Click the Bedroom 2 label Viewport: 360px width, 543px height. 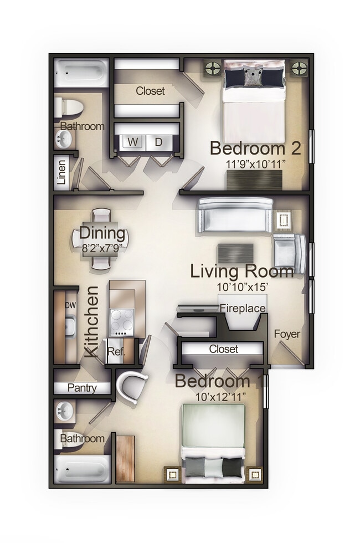coord(255,148)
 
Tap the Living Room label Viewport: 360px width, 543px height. coord(242,271)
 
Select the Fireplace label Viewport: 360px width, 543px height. coord(243,308)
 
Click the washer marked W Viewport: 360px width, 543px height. coord(133,142)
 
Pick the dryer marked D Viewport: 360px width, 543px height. coord(158,142)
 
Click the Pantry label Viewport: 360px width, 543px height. coord(82,388)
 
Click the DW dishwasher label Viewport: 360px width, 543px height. coord(70,305)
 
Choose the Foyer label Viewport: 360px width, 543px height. coord(287,334)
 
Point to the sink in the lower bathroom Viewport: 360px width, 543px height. coord(66,412)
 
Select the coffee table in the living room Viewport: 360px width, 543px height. coord(235,253)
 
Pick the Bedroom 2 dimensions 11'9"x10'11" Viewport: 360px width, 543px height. coord(255,164)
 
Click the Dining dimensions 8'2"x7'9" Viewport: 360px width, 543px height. coord(101,248)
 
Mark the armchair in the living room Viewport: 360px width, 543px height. coord(289,253)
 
